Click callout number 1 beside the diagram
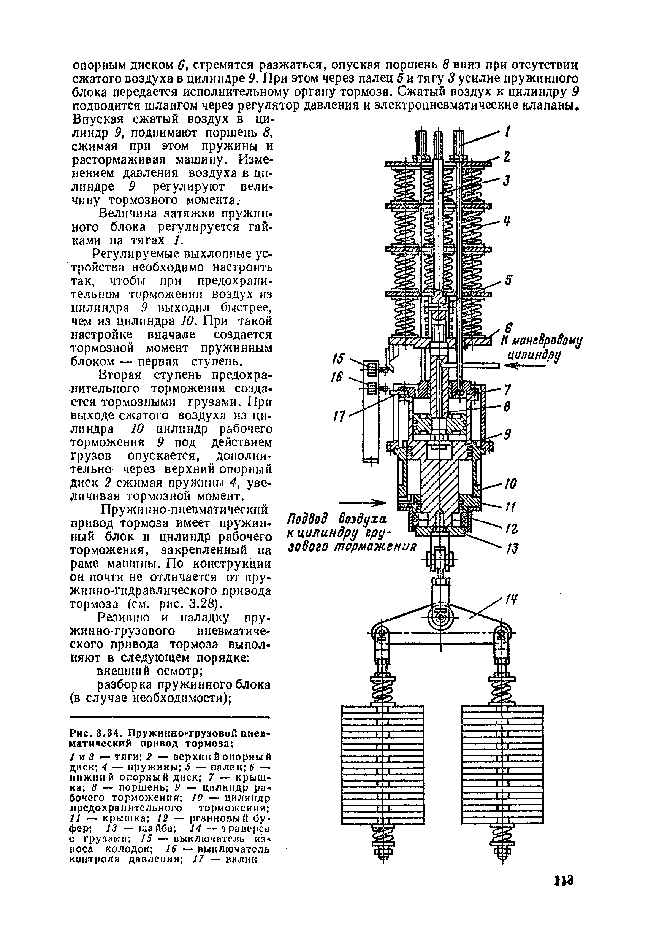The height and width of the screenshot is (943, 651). click(x=507, y=132)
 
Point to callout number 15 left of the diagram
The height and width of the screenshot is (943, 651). click(x=339, y=359)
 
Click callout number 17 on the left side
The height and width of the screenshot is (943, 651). click(x=339, y=416)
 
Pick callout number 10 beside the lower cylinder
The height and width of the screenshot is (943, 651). click(x=510, y=484)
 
